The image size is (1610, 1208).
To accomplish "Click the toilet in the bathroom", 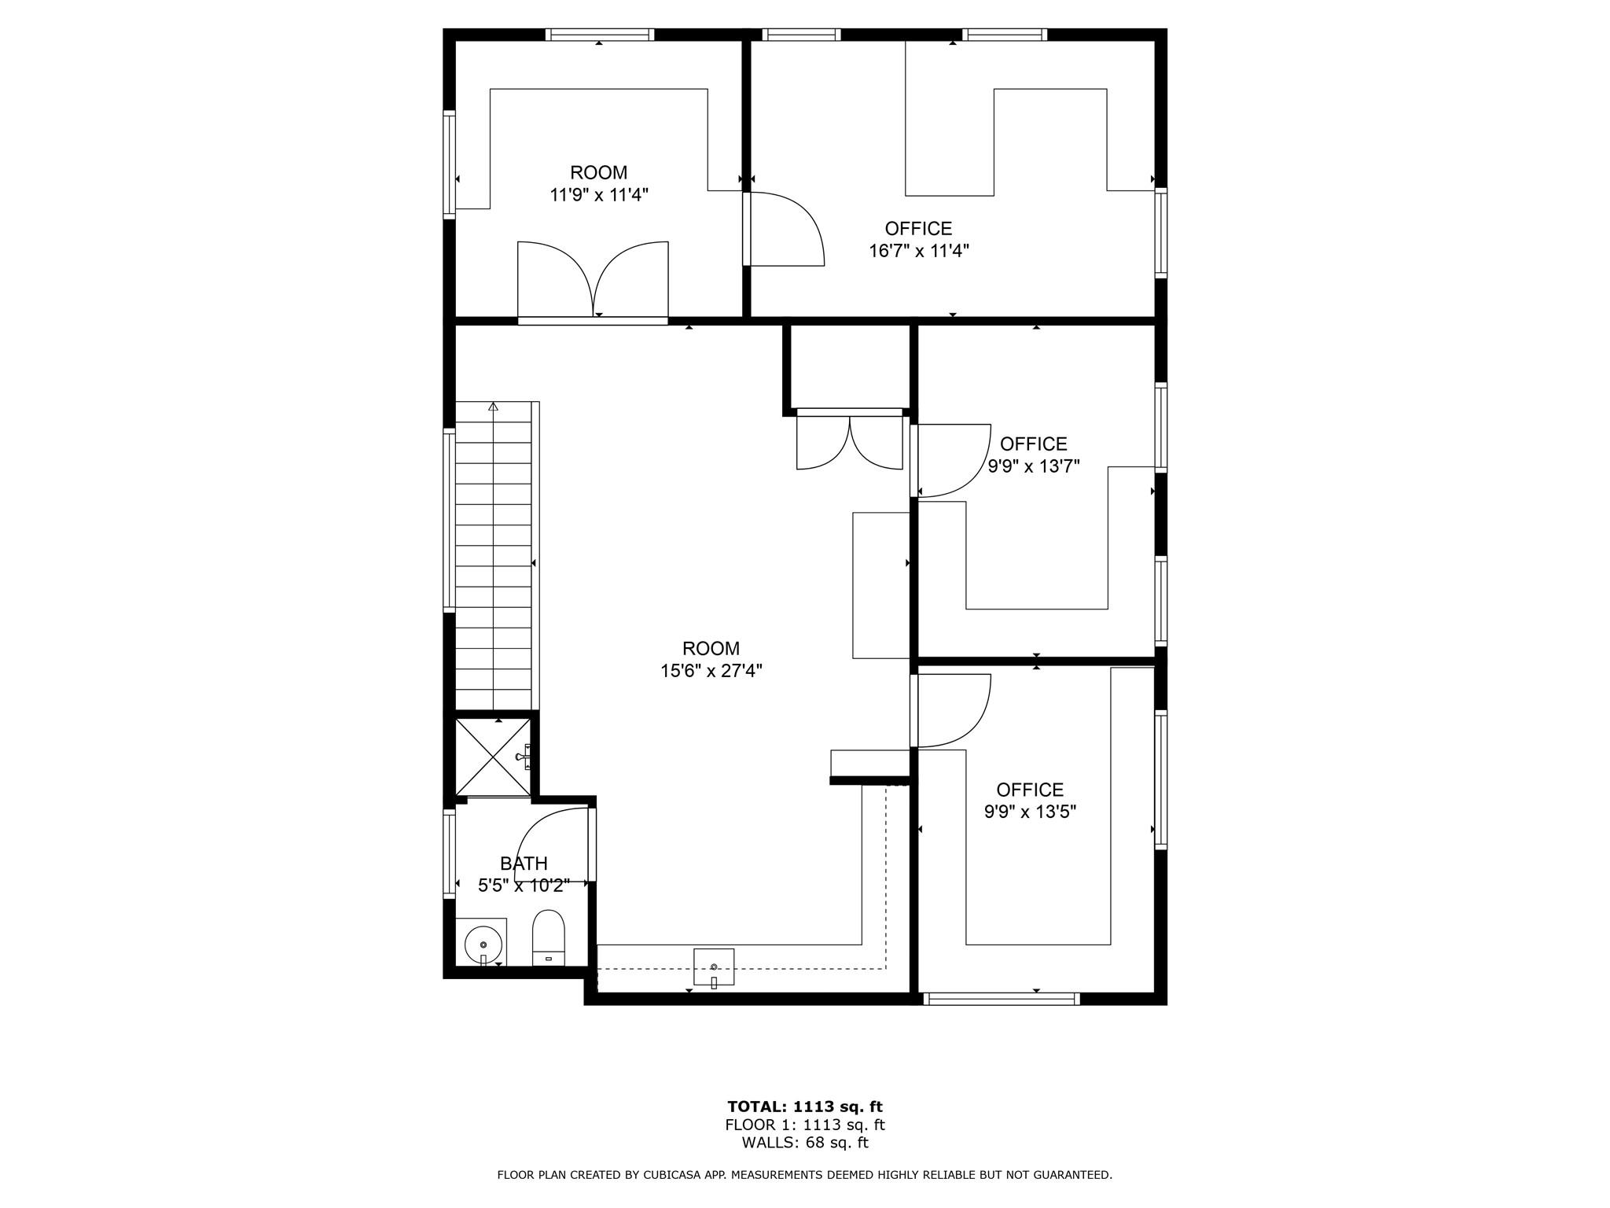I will click(x=549, y=937).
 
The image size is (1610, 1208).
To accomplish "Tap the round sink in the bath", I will click(x=483, y=944).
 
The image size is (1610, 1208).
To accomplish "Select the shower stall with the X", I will click(x=493, y=757).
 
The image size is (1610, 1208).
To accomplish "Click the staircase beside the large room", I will click(x=494, y=558).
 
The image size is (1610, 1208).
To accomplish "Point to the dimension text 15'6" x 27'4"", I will click(x=711, y=671).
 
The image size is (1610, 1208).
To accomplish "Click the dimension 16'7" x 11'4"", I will click(x=918, y=251).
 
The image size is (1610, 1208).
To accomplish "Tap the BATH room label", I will click(x=524, y=864).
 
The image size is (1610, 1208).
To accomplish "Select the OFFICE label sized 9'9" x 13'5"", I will click(x=1030, y=790).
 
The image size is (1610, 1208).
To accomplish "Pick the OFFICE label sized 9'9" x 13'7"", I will click(x=1033, y=444).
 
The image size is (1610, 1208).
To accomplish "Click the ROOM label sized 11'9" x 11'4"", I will click(x=598, y=172).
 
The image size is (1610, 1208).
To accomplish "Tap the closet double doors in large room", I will click(x=850, y=442).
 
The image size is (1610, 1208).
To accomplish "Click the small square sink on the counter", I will click(x=714, y=967).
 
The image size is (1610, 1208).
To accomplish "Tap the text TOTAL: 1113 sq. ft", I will click(x=804, y=1107).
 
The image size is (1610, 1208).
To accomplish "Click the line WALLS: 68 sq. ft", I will click(x=804, y=1143).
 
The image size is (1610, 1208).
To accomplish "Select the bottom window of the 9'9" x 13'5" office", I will click(x=1002, y=999).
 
